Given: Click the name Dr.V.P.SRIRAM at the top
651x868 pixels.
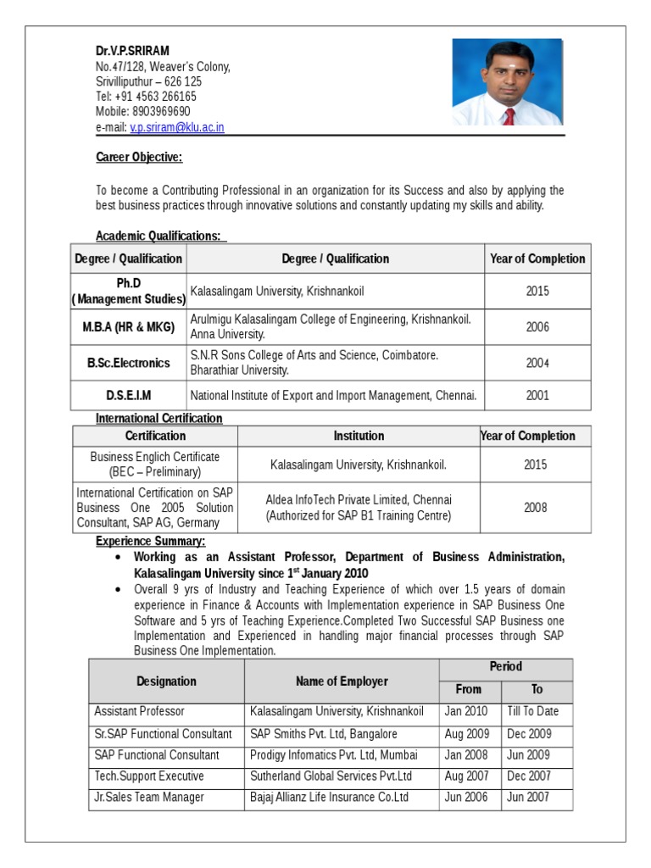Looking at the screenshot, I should pyautogui.click(x=132, y=51).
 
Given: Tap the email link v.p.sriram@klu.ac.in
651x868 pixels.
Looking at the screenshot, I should pyautogui.click(x=176, y=127).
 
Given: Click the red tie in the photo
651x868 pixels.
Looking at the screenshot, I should pyautogui.click(x=509, y=116).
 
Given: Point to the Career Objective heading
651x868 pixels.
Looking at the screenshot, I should pyautogui.click(x=139, y=158).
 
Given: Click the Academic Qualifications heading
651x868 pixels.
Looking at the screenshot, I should pyautogui.click(x=159, y=236).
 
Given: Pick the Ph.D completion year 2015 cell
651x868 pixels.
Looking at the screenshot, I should pyautogui.click(x=537, y=291).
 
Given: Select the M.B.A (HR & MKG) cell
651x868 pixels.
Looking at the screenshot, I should pyautogui.click(x=128, y=327).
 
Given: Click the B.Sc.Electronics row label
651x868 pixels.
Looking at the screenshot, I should pyautogui.click(x=128, y=363).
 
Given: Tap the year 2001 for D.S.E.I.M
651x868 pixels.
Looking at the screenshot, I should pyautogui.click(x=537, y=395).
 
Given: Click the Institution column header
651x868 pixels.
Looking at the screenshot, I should pyautogui.click(x=359, y=436).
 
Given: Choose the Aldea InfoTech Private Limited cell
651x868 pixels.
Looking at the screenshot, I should pyautogui.click(x=359, y=507).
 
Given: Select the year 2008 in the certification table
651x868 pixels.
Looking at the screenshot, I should pyautogui.click(x=535, y=507).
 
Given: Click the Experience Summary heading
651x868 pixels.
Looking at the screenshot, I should pyautogui.click(x=150, y=541).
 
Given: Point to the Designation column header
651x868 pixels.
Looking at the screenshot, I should pyautogui.click(x=166, y=681).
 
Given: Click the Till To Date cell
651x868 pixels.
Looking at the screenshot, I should pyautogui.click(x=532, y=712).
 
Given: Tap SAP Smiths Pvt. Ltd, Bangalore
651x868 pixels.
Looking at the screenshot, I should pyautogui.click(x=324, y=734).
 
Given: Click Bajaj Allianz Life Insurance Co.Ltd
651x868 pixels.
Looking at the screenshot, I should pyautogui.click(x=329, y=798).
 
